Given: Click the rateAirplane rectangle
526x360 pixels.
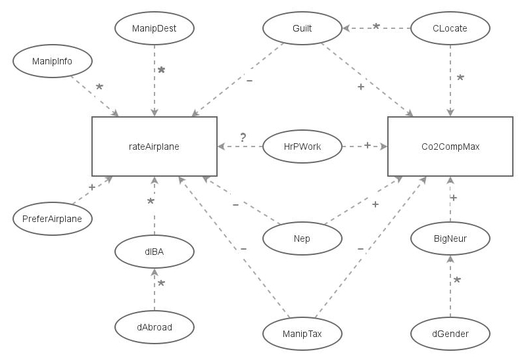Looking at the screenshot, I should point(155,146).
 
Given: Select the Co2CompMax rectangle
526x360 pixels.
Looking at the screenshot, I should point(450,146).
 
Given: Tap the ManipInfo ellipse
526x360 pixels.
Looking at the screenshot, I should point(52,62).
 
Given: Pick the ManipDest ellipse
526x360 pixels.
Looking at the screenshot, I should point(155,28).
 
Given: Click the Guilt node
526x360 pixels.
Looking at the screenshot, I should point(302,28).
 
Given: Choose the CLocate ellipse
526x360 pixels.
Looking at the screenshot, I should point(450,28).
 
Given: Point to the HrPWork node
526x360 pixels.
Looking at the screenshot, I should point(302,146).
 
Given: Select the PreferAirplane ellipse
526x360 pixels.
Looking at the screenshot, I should point(52,218).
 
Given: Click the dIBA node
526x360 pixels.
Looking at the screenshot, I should point(155,250).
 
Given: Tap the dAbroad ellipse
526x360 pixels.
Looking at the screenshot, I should point(155,326).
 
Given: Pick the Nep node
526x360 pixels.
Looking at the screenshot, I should point(302,238).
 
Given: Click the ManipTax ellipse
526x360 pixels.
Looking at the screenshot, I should point(302,334).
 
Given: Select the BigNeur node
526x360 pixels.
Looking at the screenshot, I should point(450,238).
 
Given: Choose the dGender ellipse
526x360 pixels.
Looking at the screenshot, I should point(450,334).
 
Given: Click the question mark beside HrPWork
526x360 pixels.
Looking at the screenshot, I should point(243,137).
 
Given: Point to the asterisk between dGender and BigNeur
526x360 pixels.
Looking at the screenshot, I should point(458,281).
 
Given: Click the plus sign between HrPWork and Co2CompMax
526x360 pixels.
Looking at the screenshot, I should point(367,145).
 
